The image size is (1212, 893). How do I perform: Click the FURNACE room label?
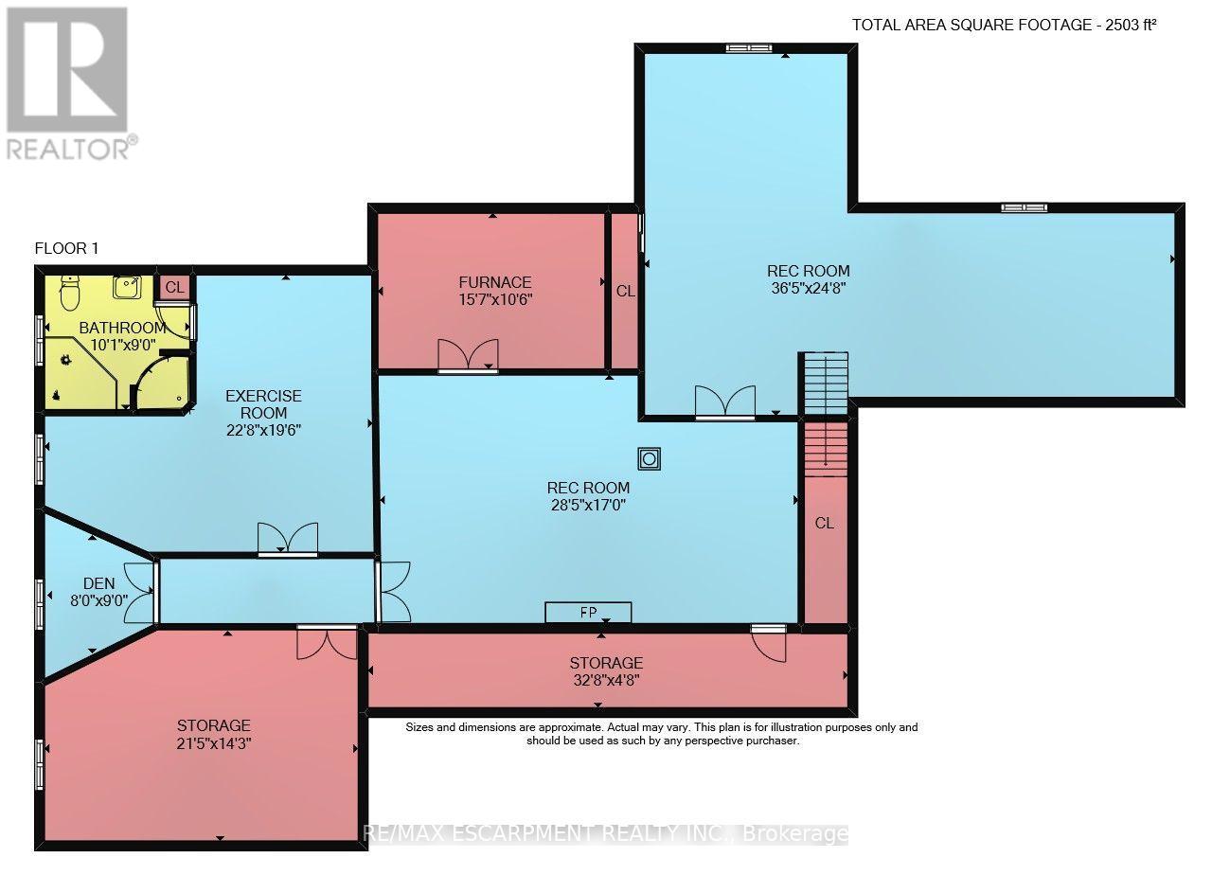(495, 282)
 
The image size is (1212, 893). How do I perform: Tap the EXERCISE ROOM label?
(263, 404)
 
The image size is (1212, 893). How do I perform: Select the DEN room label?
(99, 583)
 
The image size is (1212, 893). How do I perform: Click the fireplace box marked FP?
(588, 612)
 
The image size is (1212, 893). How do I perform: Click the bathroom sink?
(127, 287)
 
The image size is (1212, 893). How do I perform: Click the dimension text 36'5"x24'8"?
(809, 288)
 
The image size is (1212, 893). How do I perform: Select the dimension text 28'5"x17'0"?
(588, 505)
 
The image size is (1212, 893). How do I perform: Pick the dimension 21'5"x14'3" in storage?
(214, 743)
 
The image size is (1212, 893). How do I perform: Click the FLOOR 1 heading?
(66, 248)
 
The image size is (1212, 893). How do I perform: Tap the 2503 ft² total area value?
(1131, 25)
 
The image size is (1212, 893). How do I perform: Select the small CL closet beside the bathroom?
(174, 287)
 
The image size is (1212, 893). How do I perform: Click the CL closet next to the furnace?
(625, 291)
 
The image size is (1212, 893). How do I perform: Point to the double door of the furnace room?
(468, 355)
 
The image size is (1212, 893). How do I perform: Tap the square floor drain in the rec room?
(649, 459)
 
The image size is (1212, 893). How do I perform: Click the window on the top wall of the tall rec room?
(749, 48)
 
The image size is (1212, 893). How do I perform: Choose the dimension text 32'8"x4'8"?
(607, 680)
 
